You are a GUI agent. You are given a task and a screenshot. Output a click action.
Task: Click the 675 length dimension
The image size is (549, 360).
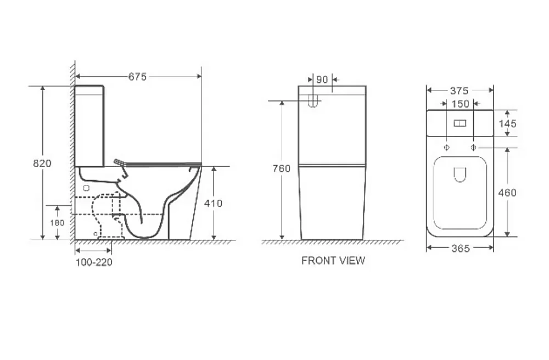(137, 77)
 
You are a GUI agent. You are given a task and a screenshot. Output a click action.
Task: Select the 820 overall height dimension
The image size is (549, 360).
(42, 163)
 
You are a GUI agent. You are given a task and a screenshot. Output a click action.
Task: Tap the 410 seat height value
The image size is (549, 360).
(213, 203)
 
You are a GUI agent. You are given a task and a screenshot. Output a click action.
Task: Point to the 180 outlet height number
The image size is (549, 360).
(57, 223)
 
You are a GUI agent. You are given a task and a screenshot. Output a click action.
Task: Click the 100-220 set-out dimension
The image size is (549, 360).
(94, 262)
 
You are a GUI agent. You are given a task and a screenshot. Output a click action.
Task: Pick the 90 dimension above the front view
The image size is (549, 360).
(322, 80)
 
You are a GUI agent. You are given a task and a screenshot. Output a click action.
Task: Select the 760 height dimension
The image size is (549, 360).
(282, 168)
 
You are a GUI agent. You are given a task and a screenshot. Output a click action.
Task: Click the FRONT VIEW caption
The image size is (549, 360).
(333, 261)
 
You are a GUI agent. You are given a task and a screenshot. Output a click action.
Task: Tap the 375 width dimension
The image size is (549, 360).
(459, 91)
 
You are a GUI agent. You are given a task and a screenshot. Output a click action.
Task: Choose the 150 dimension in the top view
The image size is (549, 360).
(460, 104)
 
